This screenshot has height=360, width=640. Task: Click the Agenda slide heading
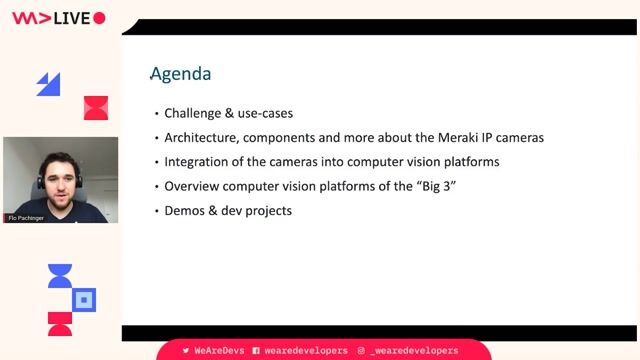click(x=180, y=74)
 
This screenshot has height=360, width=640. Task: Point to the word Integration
click(x=198, y=161)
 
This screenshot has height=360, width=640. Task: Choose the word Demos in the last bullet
click(x=186, y=210)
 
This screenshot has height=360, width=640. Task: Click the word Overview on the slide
click(x=194, y=186)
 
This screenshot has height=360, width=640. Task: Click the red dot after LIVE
click(x=99, y=18)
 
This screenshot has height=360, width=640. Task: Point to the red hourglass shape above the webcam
click(x=95, y=107)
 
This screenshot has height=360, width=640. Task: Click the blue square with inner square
click(x=85, y=299)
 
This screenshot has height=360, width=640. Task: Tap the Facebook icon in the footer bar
click(x=256, y=351)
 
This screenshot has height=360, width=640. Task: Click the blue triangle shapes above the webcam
click(x=48, y=84)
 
